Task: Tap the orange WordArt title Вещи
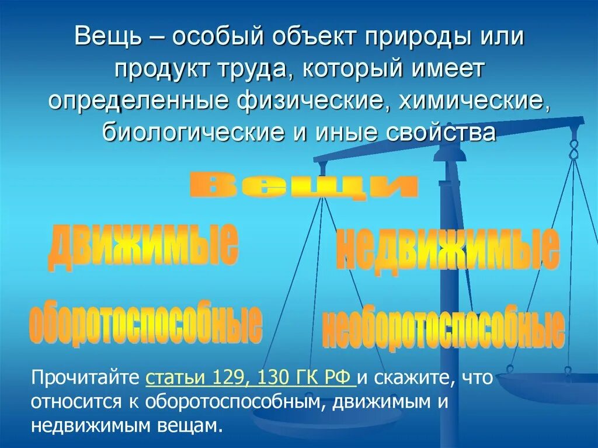(x=304, y=187)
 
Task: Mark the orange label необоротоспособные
(x=442, y=328)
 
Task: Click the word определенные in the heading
(x=137, y=101)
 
